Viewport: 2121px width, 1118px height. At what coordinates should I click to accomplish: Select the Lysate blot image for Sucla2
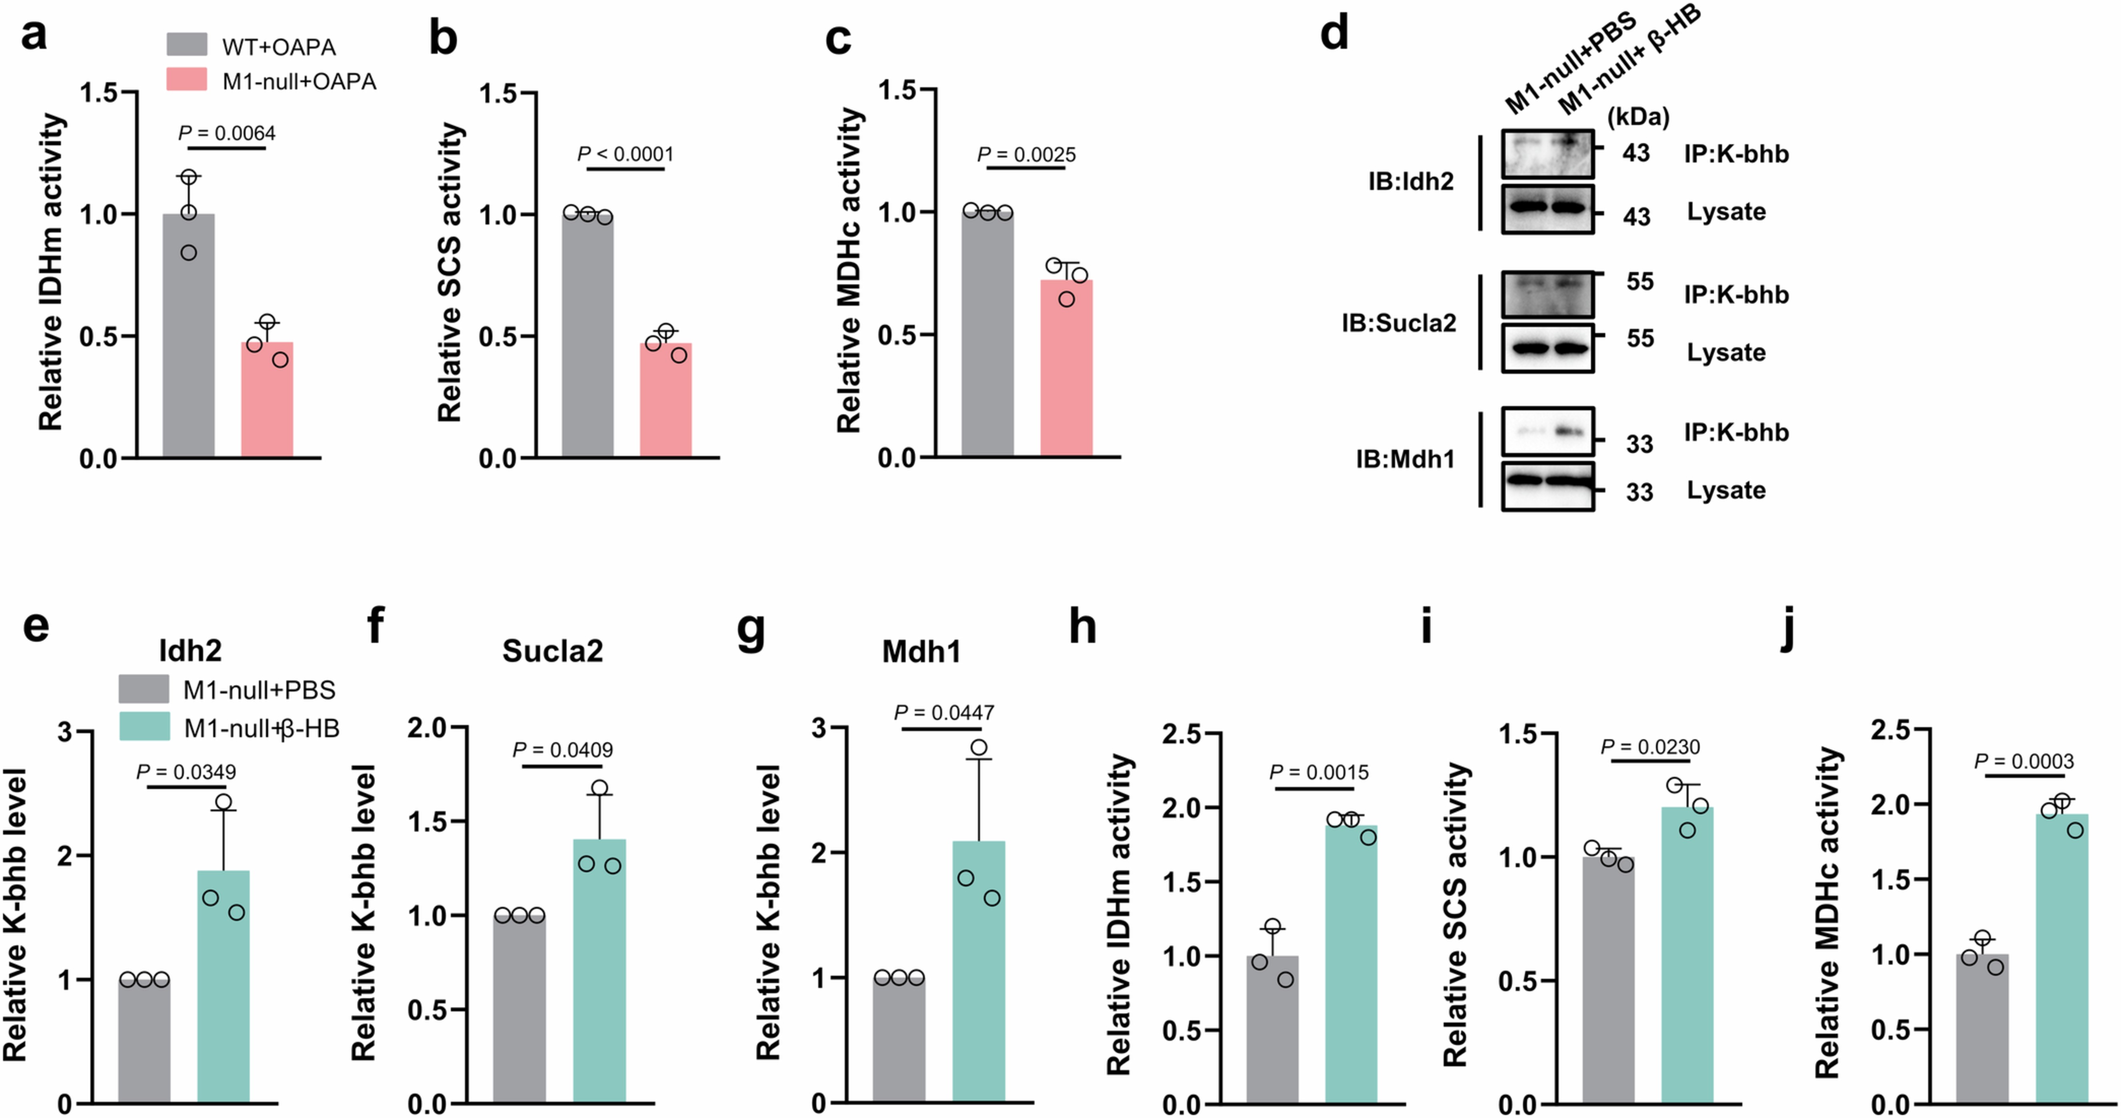pos(1547,348)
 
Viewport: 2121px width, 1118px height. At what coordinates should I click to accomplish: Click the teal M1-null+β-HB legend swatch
pos(145,726)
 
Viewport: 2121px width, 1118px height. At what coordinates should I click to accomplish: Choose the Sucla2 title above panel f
pos(552,651)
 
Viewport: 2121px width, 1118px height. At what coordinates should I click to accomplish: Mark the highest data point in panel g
pos(979,747)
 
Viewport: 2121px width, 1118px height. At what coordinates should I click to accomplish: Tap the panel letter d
pos(1334,35)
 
